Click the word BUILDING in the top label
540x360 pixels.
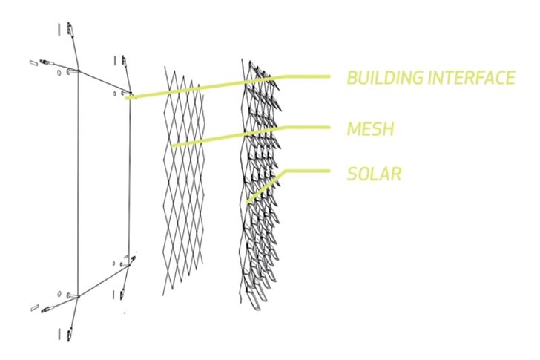(x=383, y=78)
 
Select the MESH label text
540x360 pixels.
(x=369, y=129)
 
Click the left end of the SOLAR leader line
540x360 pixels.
(x=246, y=202)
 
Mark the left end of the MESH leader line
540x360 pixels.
(x=173, y=145)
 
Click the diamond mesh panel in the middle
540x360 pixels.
(x=182, y=186)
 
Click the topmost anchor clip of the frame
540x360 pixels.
(x=70, y=29)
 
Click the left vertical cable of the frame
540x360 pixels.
(x=77, y=186)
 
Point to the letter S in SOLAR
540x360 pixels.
(x=352, y=175)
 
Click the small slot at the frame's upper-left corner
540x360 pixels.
(x=33, y=65)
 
